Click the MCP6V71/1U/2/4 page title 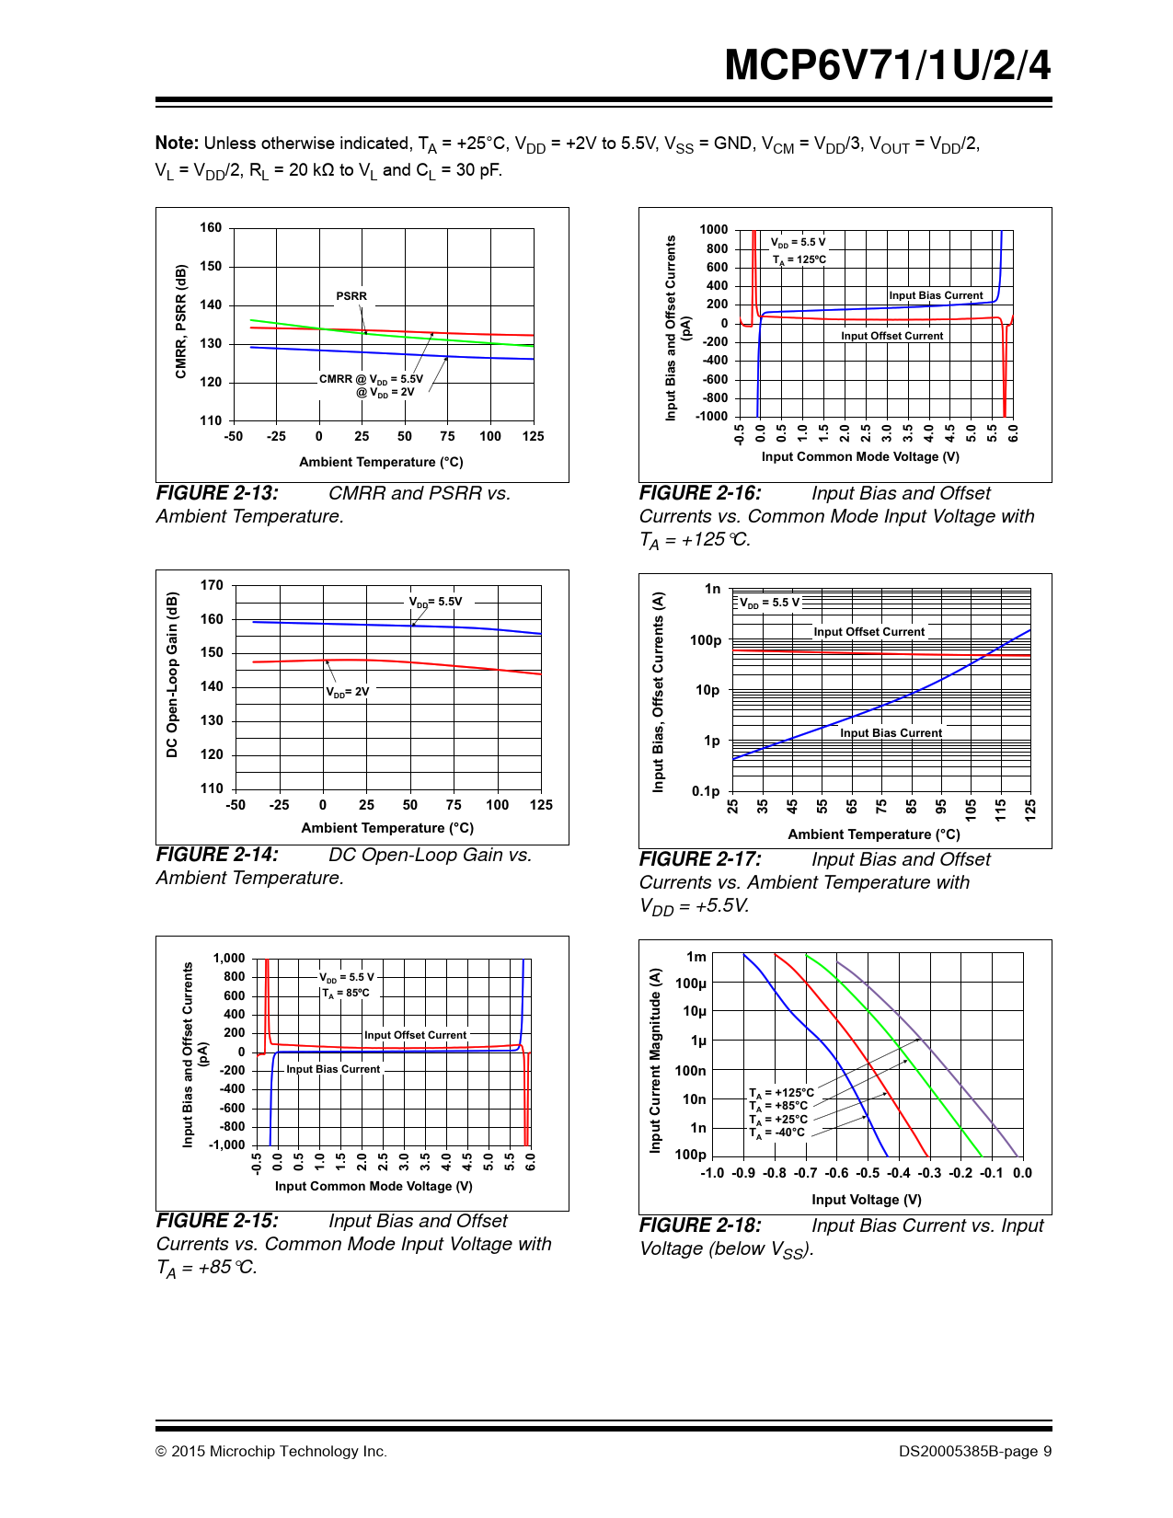[887, 65]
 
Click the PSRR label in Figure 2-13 [351, 296]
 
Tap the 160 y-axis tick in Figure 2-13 [211, 228]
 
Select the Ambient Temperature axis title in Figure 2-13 [381, 462]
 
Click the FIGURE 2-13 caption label [217, 493]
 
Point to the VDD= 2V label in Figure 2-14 [348, 692]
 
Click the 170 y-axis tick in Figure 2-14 [212, 585]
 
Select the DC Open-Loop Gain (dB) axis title [172, 674]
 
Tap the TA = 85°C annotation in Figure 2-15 [346, 994]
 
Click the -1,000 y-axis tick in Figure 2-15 [227, 1145]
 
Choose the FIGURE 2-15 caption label [217, 1221]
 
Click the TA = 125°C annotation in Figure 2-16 [799, 259]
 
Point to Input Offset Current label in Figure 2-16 [891, 336]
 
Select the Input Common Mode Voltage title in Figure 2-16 [860, 456]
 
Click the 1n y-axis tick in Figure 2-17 [712, 589]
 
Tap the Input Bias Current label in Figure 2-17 [891, 733]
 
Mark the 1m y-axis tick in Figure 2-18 [696, 957]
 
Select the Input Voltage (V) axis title [866, 1200]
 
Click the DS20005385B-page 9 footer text [975, 1452]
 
